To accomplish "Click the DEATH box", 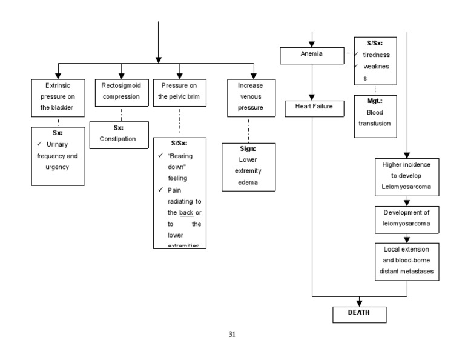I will [x=359, y=314].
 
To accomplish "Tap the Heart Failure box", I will [x=311, y=109].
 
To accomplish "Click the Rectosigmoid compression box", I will [x=121, y=92].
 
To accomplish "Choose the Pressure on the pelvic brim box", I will [x=179, y=92].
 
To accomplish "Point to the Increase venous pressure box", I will [x=249, y=97].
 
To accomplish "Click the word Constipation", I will [x=118, y=139].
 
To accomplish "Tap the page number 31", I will [x=232, y=335].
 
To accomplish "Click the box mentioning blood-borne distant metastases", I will [x=406, y=260].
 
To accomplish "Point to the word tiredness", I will [x=376, y=55].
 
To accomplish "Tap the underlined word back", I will [x=186, y=213].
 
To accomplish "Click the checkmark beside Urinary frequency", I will [x=39, y=144].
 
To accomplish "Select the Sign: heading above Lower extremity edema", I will [x=248, y=148].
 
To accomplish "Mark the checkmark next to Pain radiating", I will [x=160, y=190].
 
